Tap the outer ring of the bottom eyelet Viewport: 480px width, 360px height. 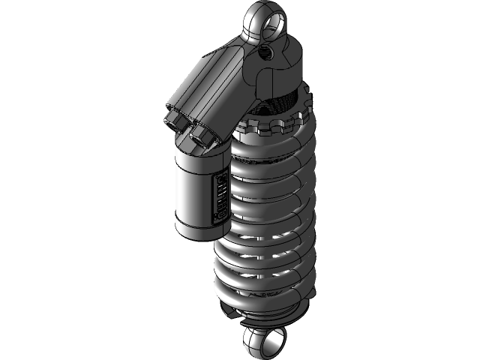click(x=250, y=341)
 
